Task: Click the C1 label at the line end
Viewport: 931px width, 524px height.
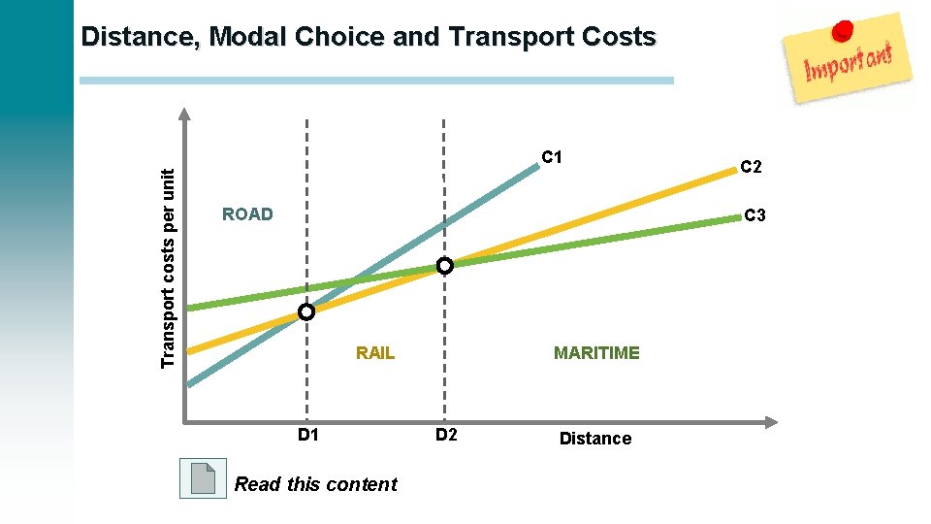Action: (x=553, y=157)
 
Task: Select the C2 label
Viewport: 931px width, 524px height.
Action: (x=752, y=167)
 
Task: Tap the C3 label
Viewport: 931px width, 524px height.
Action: (x=754, y=214)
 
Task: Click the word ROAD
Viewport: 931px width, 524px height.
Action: (x=247, y=214)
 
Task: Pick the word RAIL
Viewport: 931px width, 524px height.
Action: (x=375, y=353)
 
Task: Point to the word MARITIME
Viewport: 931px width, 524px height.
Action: (x=596, y=353)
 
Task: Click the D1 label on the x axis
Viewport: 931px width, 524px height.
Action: (x=307, y=435)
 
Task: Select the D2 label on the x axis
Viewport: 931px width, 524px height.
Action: (x=445, y=435)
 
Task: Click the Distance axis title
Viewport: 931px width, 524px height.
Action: (x=595, y=439)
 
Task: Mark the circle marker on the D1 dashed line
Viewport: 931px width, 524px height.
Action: (x=306, y=312)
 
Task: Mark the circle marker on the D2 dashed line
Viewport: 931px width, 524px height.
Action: (x=444, y=265)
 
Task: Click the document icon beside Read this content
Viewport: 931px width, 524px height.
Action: (x=204, y=478)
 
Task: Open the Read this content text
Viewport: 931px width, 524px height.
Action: (x=316, y=484)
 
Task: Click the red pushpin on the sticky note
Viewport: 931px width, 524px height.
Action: (x=844, y=30)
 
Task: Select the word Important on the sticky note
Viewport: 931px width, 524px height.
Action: (x=848, y=63)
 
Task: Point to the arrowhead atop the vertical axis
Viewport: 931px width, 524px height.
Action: (x=184, y=113)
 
